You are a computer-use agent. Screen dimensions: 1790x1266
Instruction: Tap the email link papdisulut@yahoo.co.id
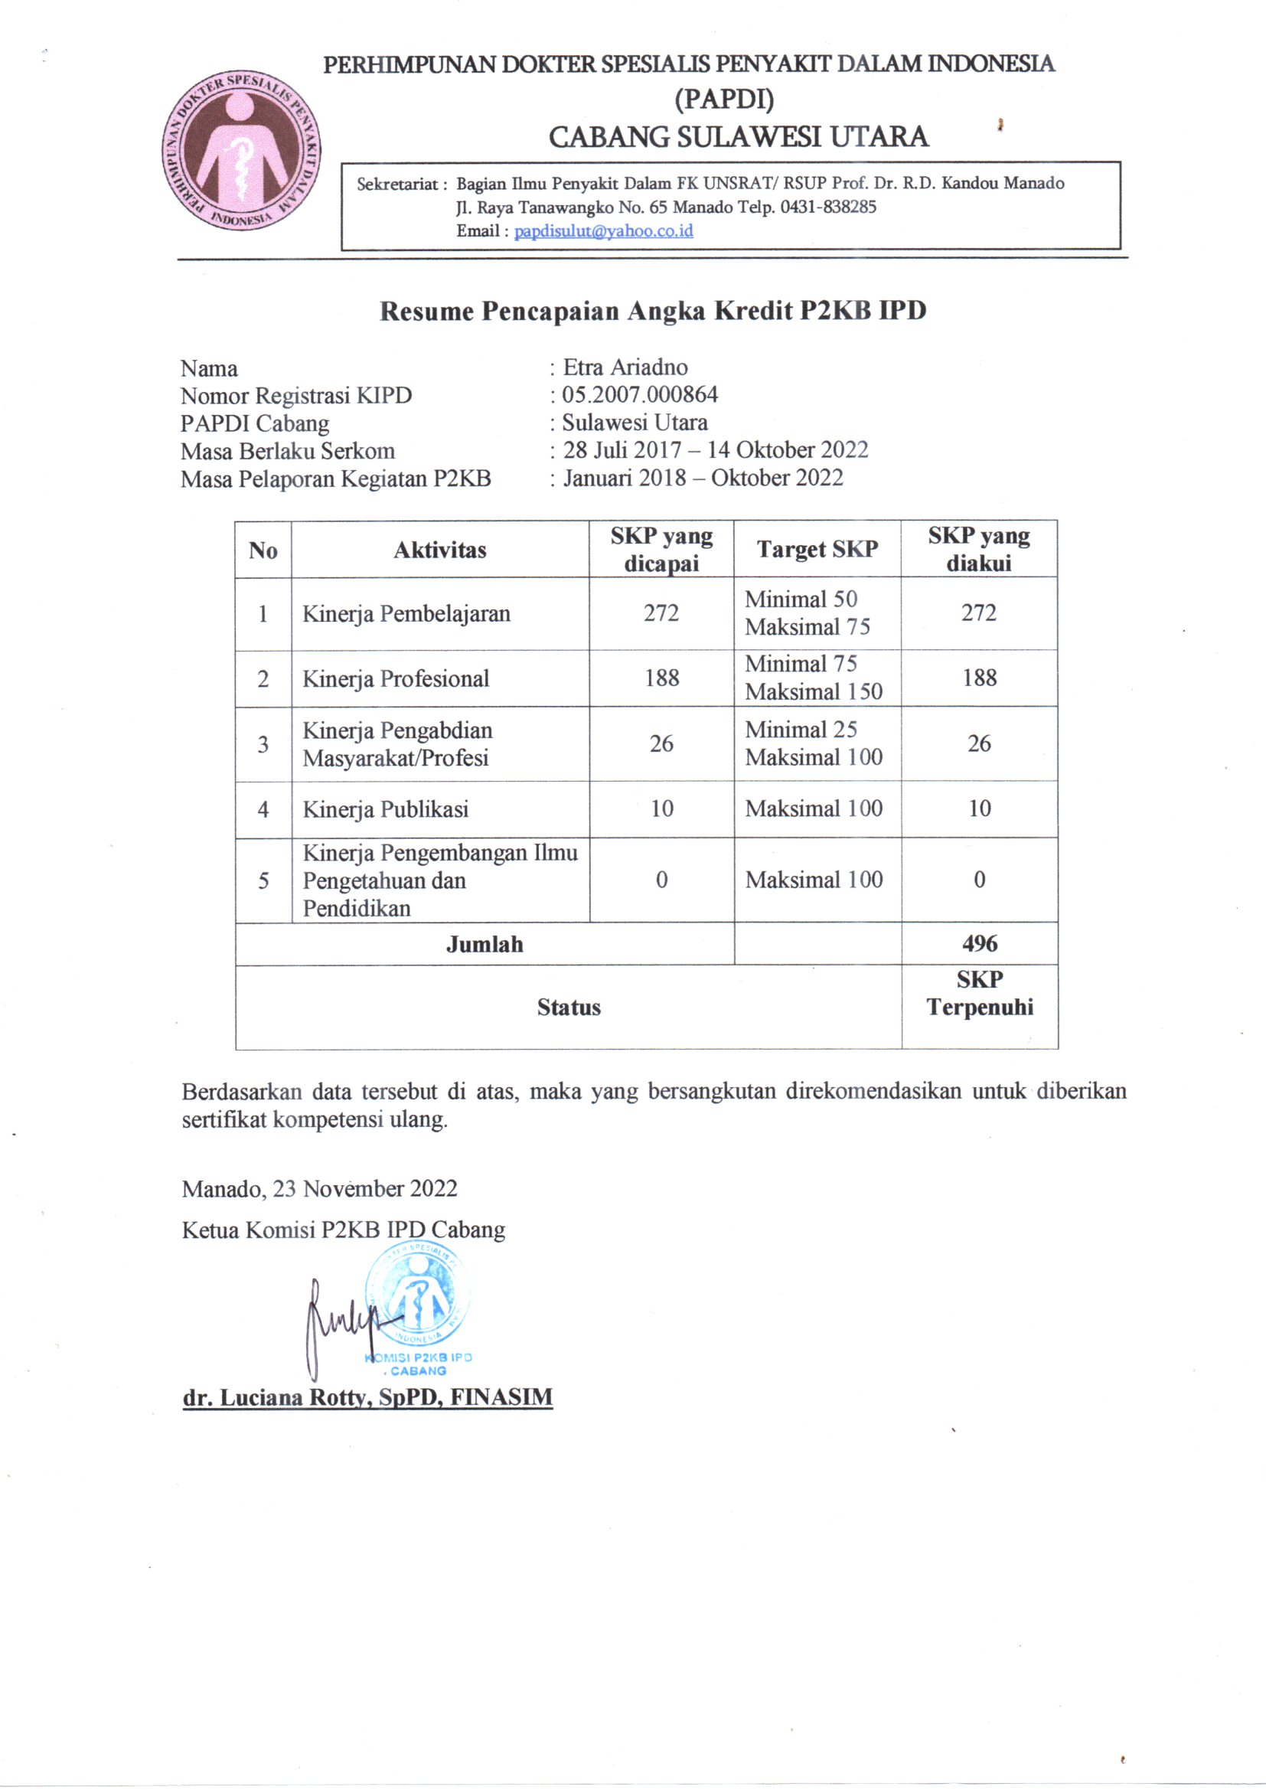tap(603, 230)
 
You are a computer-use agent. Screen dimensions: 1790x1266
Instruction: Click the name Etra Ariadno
tap(625, 367)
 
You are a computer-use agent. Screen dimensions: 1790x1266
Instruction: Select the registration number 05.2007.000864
tap(639, 394)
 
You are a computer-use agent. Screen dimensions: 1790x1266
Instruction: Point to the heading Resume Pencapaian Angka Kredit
tap(652, 311)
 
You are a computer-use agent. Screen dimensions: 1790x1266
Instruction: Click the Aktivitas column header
tap(439, 550)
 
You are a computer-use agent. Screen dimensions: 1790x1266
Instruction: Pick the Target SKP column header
tap(817, 549)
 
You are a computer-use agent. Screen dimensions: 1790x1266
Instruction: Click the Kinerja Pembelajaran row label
tap(406, 613)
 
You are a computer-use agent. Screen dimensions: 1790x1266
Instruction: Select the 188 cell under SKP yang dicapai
tap(661, 678)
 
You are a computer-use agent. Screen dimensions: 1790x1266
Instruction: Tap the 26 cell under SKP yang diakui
tap(979, 743)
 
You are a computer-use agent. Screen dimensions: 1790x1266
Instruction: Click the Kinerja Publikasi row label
tap(385, 809)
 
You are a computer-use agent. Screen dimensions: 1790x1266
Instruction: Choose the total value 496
tap(979, 943)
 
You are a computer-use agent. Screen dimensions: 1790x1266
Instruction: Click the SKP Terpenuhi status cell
tap(979, 993)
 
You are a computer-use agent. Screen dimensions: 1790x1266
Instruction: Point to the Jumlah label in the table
tap(484, 944)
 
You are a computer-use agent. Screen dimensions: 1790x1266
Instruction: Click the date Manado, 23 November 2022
tap(320, 1188)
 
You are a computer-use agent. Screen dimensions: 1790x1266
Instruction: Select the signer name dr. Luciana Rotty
tap(367, 1396)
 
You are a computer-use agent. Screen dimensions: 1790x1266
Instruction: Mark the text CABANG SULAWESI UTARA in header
tap(738, 136)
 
